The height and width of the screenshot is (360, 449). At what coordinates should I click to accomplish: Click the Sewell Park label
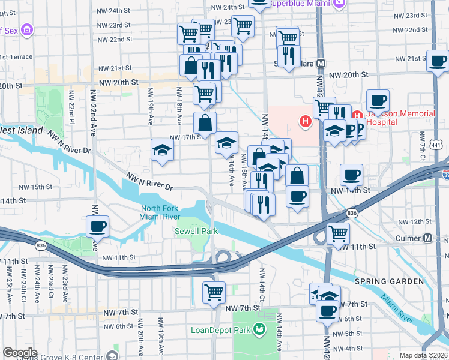click(x=192, y=231)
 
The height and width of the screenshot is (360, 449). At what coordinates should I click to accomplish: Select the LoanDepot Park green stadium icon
click(x=259, y=329)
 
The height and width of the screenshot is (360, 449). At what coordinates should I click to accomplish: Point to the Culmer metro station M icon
click(x=428, y=238)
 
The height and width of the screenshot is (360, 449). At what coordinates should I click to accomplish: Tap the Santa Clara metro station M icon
click(x=321, y=63)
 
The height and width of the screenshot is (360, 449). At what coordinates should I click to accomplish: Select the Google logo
click(x=19, y=352)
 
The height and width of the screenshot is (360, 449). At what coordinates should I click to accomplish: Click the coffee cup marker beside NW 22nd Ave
click(x=97, y=227)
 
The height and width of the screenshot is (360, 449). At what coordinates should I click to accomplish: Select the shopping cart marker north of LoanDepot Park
click(x=214, y=292)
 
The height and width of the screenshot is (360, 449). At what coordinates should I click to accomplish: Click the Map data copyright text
click(x=424, y=355)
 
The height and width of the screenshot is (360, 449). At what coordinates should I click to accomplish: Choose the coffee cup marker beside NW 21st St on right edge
click(x=438, y=61)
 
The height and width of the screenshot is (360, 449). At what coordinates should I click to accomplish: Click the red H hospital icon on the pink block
click(x=306, y=122)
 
